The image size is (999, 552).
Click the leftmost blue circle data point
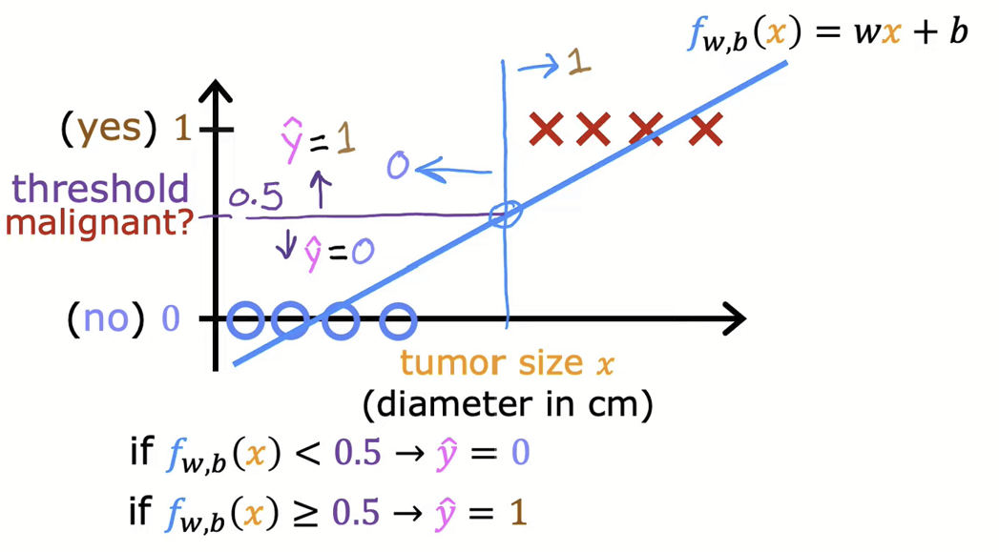click(245, 321)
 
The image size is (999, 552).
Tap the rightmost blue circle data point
click(397, 321)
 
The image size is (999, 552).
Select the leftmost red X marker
click(547, 129)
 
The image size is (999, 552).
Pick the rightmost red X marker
click(705, 129)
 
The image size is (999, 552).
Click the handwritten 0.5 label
click(256, 197)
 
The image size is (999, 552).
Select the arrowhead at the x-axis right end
click(734, 320)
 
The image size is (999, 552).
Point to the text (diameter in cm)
click(508, 404)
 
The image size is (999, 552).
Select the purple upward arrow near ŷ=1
click(319, 192)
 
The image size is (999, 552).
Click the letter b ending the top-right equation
click(957, 32)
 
